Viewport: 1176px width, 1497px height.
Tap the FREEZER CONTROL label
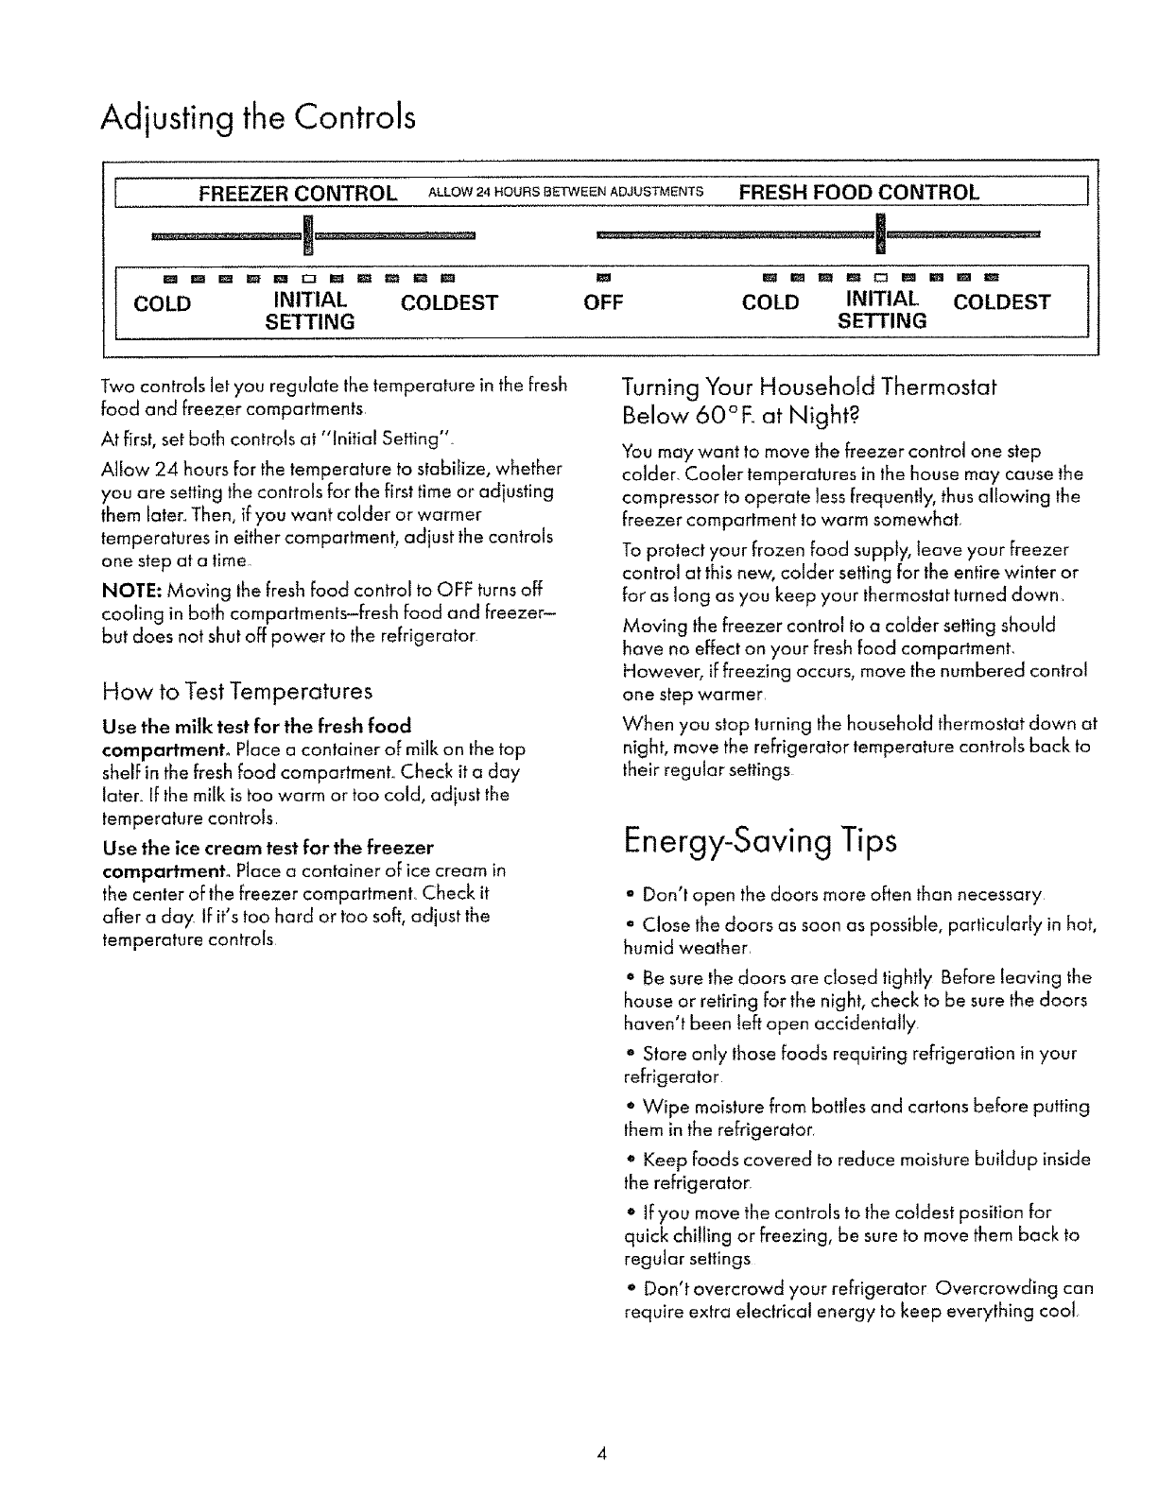click(x=297, y=194)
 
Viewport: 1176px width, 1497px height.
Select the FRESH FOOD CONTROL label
click(x=858, y=193)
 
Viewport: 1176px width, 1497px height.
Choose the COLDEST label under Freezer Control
click(x=449, y=303)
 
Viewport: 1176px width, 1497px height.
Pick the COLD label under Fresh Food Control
click(x=770, y=303)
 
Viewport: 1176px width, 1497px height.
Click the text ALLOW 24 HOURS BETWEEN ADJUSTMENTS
click(x=565, y=194)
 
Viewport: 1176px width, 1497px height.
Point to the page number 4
click(x=600, y=1454)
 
